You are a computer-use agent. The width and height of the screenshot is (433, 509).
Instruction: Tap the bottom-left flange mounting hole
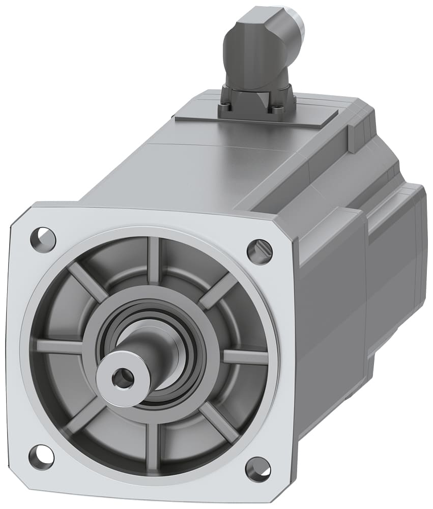click(41, 457)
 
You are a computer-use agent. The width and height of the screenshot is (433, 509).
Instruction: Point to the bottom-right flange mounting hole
click(258, 469)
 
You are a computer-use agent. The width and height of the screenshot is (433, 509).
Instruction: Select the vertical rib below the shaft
click(152, 448)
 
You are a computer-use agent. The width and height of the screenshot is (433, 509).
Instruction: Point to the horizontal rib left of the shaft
click(59, 347)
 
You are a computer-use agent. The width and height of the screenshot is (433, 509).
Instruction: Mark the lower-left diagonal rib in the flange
click(84, 415)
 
